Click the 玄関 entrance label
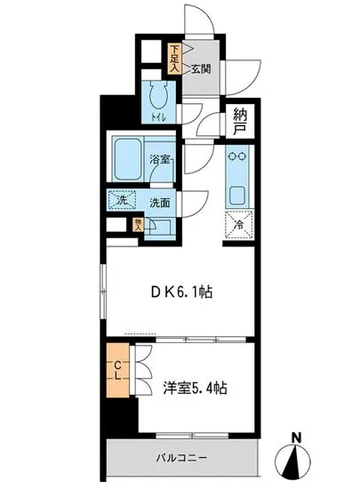coord(199,68)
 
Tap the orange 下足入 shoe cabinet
coord(177,57)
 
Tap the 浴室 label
coord(163,160)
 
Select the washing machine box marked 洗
coord(121,199)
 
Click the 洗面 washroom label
coord(160,201)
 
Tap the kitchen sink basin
coord(237,193)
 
